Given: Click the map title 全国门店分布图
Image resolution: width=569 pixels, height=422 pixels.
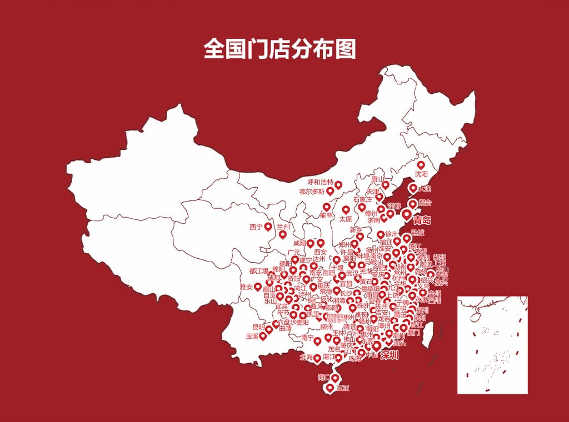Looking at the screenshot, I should (x=279, y=49).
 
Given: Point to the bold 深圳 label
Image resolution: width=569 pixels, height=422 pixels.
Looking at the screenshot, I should (x=390, y=355).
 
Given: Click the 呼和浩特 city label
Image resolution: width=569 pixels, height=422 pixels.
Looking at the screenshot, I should (x=320, y=182).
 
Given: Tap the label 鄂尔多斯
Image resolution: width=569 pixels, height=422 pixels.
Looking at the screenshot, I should (x=312, y=192).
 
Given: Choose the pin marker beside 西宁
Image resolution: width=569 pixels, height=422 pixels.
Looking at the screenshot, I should (x=268, y=226).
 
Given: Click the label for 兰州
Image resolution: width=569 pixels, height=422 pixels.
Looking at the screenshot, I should (x=283, y=227).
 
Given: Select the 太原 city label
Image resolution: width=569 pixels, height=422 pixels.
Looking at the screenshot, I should (x=345, y=219).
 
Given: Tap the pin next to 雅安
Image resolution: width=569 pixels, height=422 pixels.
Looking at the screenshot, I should (x=258, y=287).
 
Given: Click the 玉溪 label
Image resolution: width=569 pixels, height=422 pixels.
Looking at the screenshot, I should (x=252, y=336).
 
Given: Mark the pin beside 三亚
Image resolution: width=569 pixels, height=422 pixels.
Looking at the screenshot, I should (x=331, y=388).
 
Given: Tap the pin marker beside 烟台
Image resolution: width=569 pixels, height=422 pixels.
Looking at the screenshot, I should (x=412, y=204).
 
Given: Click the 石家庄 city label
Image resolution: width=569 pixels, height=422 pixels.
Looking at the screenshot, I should (x=362, y=199).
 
